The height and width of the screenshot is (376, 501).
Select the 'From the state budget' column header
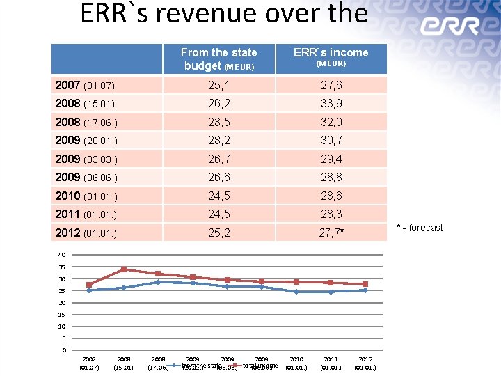coord(218,58)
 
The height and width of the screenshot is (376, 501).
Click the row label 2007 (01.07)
coord(85,86)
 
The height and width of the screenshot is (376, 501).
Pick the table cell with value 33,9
coord(331,104)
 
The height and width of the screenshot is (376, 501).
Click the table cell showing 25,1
coord(218,86)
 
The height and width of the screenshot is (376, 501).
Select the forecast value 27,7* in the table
coord(331,232)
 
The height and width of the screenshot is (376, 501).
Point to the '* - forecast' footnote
coord(420,228)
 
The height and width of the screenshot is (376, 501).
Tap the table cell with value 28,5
coord(218,122)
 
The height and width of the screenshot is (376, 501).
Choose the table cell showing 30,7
coord(331,140)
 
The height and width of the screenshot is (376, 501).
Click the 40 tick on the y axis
coord(62,255)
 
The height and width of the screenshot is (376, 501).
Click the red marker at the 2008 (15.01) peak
coord(124,269)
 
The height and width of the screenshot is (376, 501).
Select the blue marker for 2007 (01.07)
coord(89,290)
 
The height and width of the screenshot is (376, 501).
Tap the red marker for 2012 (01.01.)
coord(365,284)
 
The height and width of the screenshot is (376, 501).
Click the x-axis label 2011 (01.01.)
coord(331,363)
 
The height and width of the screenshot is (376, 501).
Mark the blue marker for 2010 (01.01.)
coord(296,292)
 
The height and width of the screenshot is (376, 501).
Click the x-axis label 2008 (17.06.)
coord(159,363)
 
